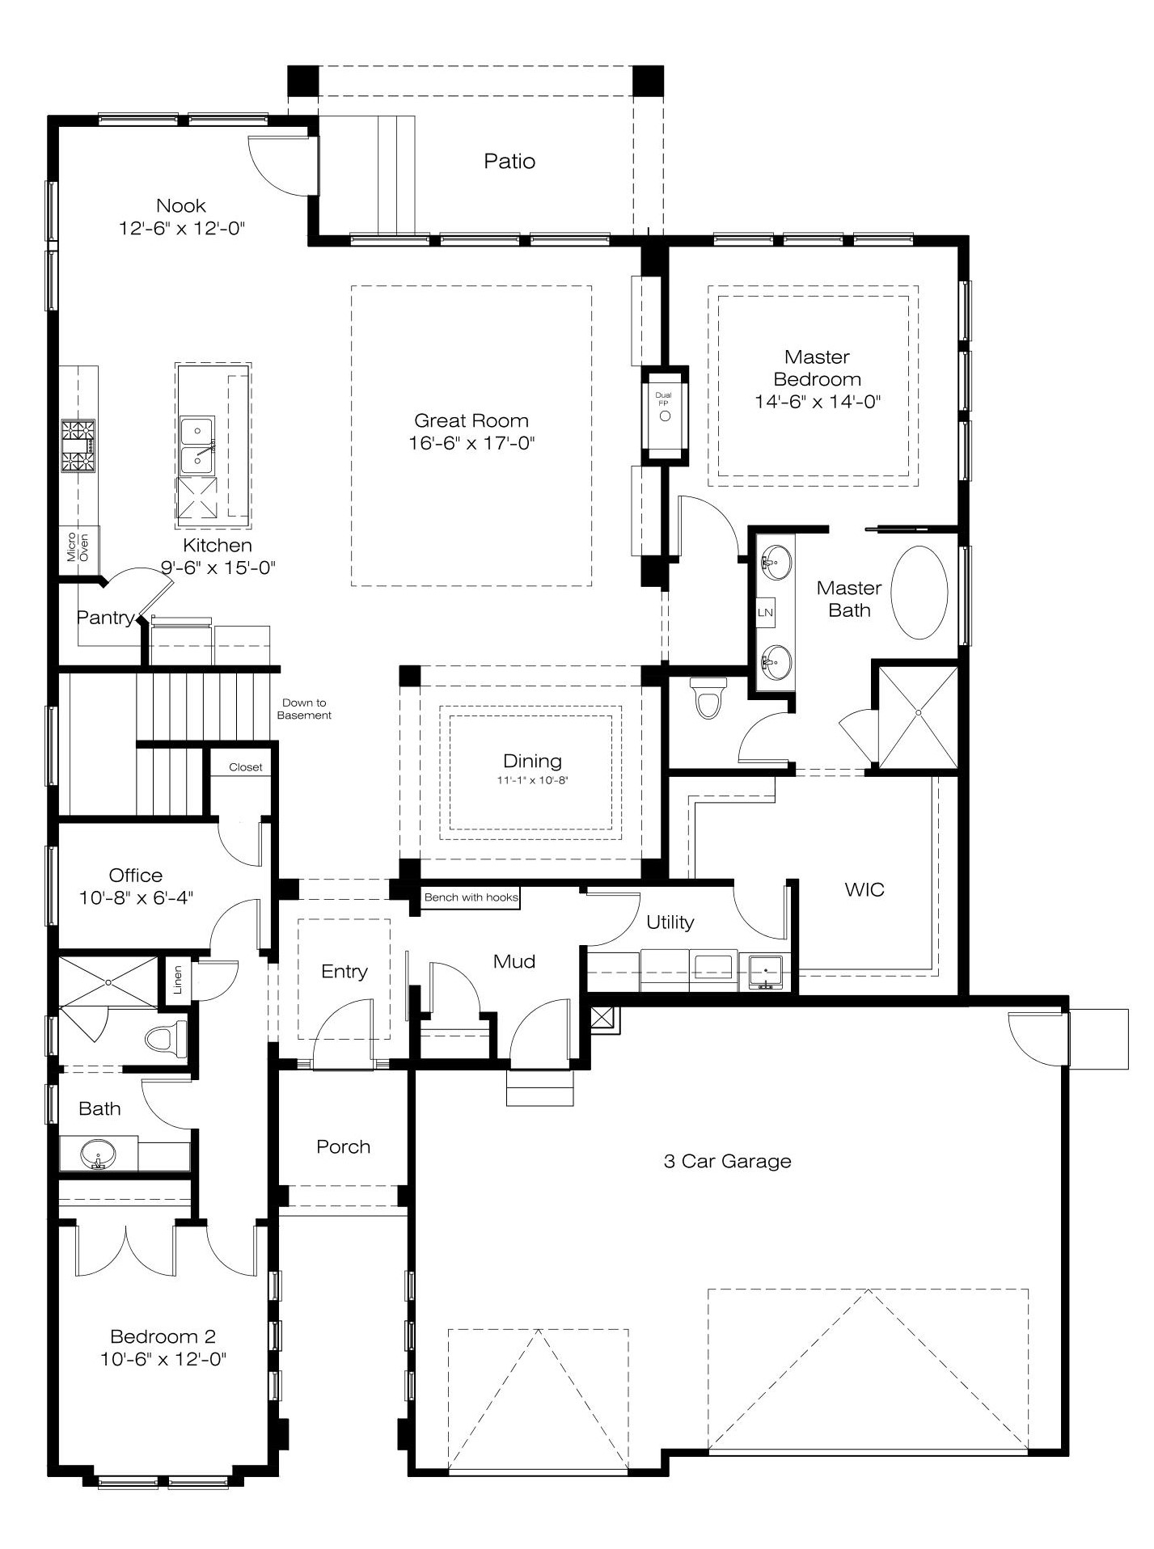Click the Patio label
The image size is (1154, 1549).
click(509, 161)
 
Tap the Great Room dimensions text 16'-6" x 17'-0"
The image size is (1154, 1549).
click(472, 443)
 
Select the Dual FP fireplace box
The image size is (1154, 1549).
click(665, 416)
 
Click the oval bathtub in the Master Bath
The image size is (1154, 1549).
click(919, 593)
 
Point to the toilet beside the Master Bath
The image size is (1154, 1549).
click(708, 698)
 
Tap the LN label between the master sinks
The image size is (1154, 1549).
click(765, 612)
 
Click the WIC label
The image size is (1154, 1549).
click(864, 889)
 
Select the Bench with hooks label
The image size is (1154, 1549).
click(471, 897)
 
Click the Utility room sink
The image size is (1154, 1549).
click(765, 971)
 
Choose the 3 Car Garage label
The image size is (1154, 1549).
click(728, 1161)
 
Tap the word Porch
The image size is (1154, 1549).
click(344, 1146)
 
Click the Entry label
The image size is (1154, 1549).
click(345, 971)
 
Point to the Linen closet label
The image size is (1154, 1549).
click(178, 980)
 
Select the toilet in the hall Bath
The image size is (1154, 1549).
click(166, 1037)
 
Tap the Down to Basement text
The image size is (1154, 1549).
click(304, 709)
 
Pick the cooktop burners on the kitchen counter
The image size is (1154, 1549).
click(78, 445)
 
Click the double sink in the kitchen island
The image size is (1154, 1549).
click(197, 445)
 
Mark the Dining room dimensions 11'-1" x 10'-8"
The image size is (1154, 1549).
click(533, 781)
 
